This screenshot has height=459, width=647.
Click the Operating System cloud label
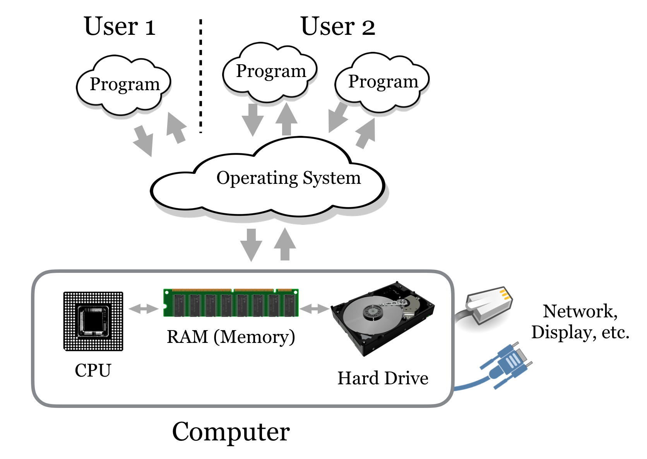pos(288,178)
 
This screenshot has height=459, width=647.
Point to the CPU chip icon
pos(93,321)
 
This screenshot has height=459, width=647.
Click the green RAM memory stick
pos(231,303)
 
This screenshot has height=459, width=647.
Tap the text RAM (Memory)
pos(231,337)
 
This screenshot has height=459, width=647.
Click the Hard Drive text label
pos(383,378)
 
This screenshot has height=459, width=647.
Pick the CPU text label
pos(93,370)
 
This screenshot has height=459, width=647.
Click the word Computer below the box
pos(231,432)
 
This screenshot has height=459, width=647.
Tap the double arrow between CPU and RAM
pos(144,309)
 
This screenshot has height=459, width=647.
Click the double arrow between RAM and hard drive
pos(314,309)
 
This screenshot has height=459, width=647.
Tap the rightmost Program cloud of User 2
pos(382,82)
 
